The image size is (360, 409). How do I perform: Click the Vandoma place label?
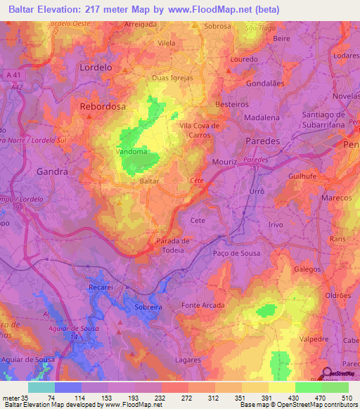[x=131, y=151]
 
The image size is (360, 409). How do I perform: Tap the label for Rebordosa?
[x=102, y=107]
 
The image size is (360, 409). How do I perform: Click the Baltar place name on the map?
[x=150, y=181]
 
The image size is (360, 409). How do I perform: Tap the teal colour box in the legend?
[x=41, y=387]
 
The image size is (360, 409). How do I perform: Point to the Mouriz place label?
[x=225, y=161]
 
